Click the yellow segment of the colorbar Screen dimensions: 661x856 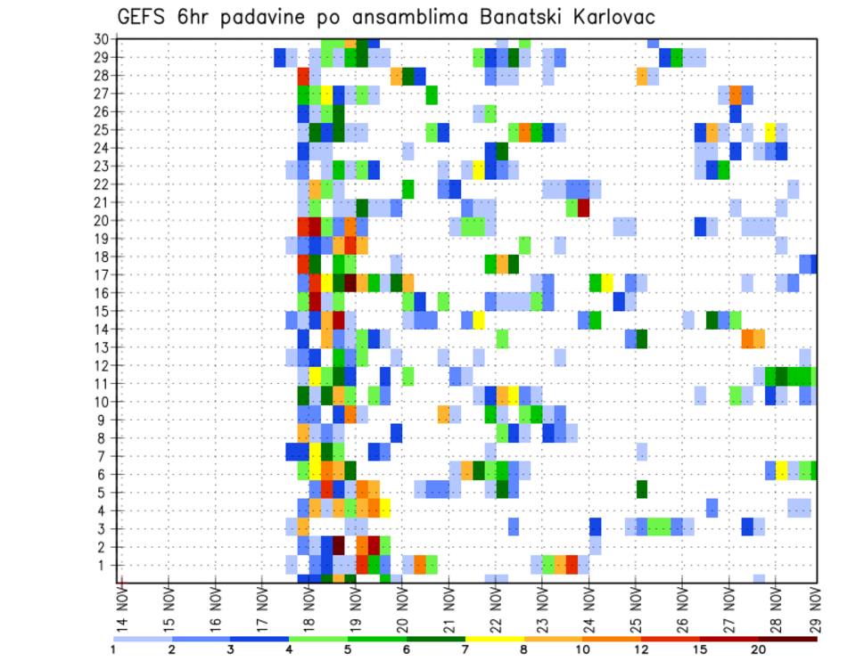495,639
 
